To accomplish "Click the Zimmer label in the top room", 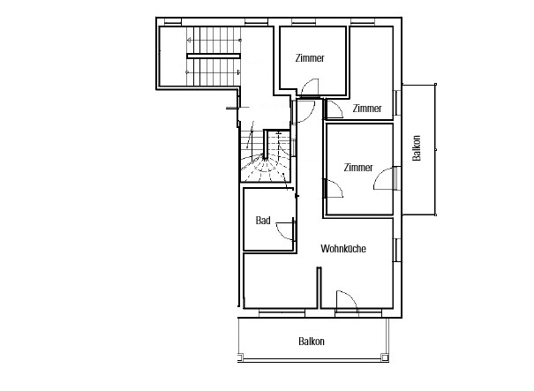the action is point(310,58).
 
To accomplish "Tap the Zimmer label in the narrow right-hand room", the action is point(367,109).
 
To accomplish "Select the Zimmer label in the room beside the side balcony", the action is point(358,168).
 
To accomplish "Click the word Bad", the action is point(263,221).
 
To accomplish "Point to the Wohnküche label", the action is point(343,249).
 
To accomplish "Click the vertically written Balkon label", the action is point(416,148).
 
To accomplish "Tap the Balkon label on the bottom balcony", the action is point(312,342).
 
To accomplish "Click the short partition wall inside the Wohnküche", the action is point(320,288).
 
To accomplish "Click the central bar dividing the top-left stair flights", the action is point(214,56).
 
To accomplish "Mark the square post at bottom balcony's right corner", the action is point(385,357).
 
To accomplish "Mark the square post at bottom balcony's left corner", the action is point(240,357).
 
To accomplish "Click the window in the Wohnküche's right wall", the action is point(396,250).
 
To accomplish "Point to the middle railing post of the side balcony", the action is point(435,149).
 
